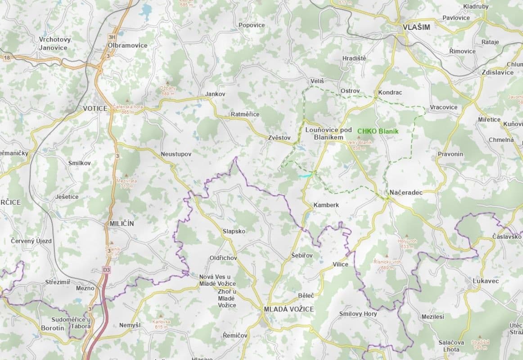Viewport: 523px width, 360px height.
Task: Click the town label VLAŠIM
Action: [x=416, y=27]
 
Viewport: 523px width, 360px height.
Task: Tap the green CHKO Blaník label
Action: [x=378, y=131]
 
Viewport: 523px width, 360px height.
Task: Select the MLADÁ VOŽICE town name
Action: [x=289, y=309]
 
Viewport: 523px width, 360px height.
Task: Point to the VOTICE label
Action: [x=95, y=108]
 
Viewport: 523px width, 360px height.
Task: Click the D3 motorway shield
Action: [x=106, y=270]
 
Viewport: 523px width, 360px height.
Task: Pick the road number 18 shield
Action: [x=7, y=57]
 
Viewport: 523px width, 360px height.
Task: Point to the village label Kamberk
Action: [x=326, y=205]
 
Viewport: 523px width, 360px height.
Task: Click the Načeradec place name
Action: [x=406, y=192]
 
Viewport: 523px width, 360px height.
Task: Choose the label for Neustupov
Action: [x=176, y=154]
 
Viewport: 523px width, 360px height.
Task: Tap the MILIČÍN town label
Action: [x=122, y=223]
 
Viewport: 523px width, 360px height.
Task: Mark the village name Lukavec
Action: [x=486, y=281]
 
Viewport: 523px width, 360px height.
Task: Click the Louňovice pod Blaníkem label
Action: [x=329, y=133]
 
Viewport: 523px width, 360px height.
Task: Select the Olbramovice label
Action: [x=127, y=45]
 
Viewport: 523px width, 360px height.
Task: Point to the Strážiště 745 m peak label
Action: [x=480, y=345]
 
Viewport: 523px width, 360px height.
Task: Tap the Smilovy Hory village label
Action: [x=358, y=314]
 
